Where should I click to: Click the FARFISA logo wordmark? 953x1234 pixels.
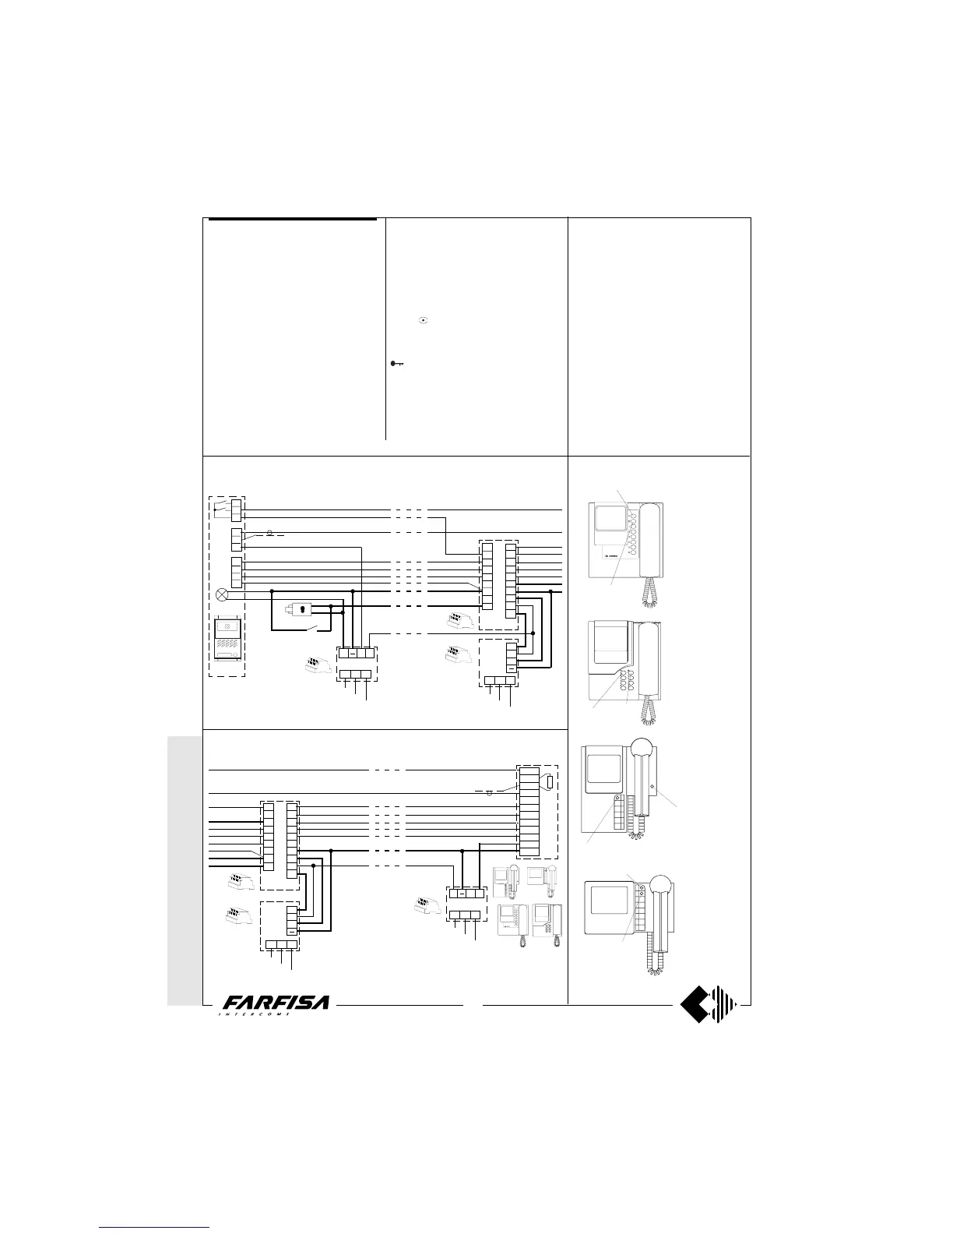[x=276, y=1005]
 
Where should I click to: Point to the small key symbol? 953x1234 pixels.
[x=397, y=364]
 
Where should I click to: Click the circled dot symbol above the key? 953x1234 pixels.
[x=423, y=320]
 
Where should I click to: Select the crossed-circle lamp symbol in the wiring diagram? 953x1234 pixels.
[x=223, y=594]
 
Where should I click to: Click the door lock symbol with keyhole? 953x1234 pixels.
[x=300, y=610]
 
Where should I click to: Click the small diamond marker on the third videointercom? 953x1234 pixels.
[x=652, y=786]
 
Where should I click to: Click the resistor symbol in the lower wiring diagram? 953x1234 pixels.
[x=549, y=782]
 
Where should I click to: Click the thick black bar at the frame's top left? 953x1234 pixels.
[x=293, y=219]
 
